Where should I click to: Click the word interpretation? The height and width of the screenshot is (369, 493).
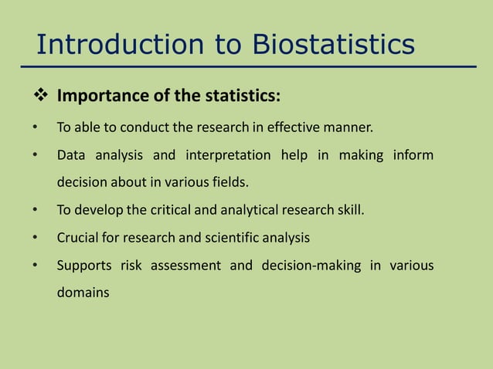228,155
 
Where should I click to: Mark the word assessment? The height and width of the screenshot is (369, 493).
185,266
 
